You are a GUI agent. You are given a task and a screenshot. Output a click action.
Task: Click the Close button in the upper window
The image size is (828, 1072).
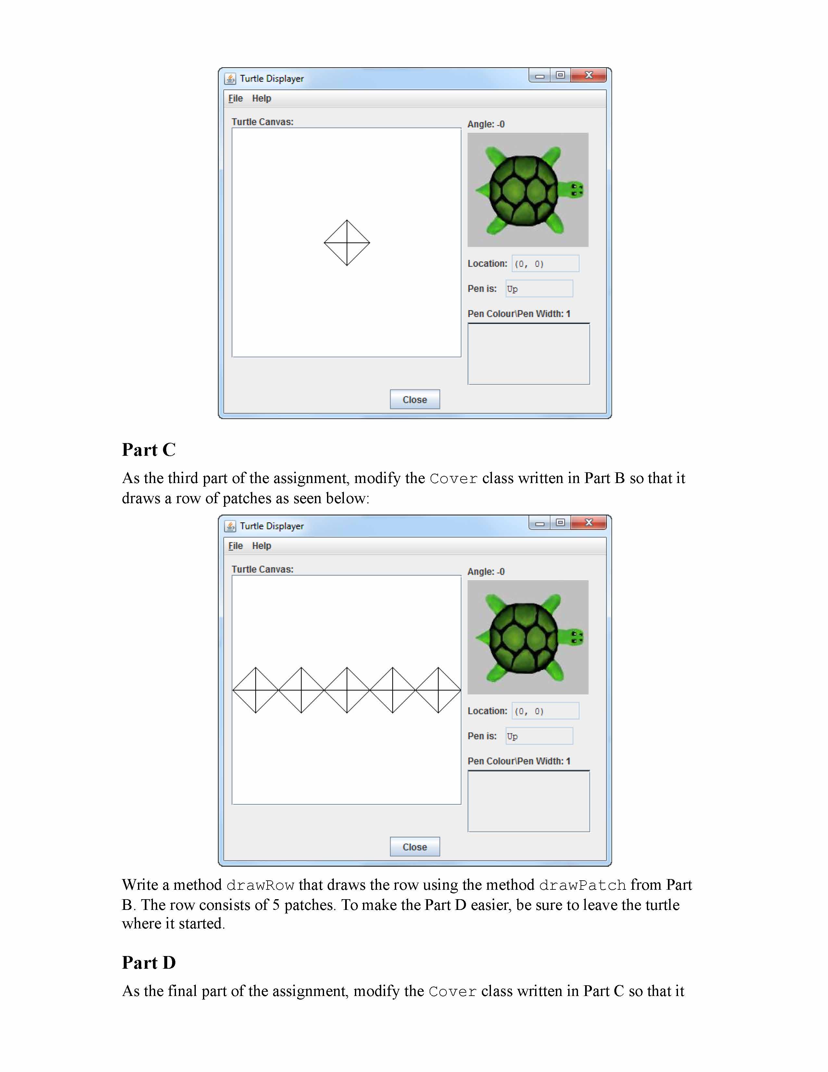415,399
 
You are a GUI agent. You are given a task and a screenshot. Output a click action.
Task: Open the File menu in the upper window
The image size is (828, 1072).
235,98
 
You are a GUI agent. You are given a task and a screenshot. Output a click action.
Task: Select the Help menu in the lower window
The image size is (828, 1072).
261,545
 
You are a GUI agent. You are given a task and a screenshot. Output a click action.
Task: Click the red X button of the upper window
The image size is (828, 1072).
589,75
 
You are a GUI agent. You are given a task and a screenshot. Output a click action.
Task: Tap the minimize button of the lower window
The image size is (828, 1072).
540,523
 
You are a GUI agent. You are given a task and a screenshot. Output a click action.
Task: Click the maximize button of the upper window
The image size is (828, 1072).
560,75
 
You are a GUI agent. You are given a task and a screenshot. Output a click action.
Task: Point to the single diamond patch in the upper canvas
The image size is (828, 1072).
347,242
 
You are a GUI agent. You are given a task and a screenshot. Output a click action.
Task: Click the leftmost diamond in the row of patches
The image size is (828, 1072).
256,690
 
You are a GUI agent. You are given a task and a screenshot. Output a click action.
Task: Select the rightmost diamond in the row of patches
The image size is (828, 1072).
438,690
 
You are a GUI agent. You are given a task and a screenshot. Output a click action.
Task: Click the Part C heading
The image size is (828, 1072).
149,450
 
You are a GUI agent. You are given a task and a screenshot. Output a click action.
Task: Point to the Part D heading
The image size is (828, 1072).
149,963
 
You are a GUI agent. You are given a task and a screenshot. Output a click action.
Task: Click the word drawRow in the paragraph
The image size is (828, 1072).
260,885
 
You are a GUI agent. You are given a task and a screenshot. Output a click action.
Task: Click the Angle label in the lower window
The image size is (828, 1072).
486,571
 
